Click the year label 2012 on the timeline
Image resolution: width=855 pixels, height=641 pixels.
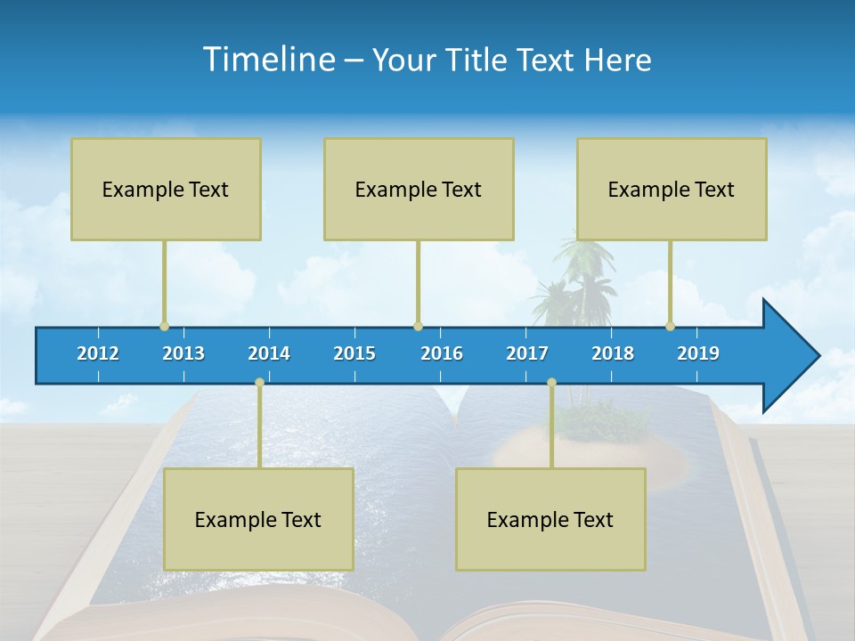pyautogui.click(x=98, y=353)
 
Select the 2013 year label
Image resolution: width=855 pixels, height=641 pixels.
pyautogui.click(x=183, y=353)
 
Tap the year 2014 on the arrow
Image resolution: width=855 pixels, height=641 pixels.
pyautogui.click(x=269, y=353)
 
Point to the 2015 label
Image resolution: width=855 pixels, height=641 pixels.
pyautogui.click(x=354, y=353)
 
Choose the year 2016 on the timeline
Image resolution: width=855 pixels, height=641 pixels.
pyautogui.click(x=442, y=353)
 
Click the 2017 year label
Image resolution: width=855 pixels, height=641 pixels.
pyautogui.click(x=527, y=353)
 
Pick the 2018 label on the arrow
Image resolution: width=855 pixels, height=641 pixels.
pyautogui.click(x=613, y=353)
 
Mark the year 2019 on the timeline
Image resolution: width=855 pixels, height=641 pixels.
pyautogui.click(x=698, y=353)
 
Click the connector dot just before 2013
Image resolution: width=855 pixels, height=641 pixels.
pyautogui.click(x=164, y=326)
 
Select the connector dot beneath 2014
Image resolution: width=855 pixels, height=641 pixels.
pyautogui.click(x=259, y=382)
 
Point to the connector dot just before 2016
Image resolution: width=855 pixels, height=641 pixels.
pyautogui.click(x=418, y=326)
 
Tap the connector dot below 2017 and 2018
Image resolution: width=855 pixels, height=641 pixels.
pyautogui.click(x=551, y=382)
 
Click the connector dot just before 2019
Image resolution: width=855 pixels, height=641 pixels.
pyautogui.click(x=670, y=326)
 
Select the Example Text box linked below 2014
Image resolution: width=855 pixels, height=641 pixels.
pyautogui.click(x=258, y=519)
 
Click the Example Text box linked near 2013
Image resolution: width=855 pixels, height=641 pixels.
pyautogui.click(x=166, y=189)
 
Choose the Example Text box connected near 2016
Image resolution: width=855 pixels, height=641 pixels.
pyautogui.click(x=419, y=189)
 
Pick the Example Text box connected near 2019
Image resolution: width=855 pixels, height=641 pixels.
pyautogui.click(x=672, y=189)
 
